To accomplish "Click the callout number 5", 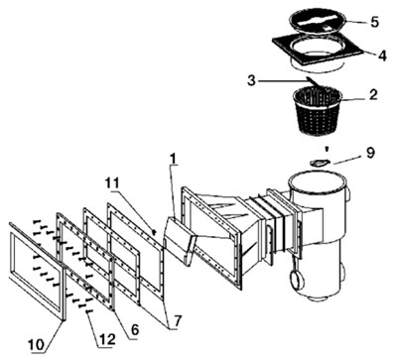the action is (x=374, y=22).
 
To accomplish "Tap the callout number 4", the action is (x=382, y=56).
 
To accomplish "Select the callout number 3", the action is (x=252, y=80).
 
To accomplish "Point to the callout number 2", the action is (x=373, y=95).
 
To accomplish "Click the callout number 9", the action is (x=369, y=153).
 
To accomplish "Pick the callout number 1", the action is (x=174, y=161).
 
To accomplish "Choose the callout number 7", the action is (x=178, y=321).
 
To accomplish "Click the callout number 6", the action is (x=134, y=329).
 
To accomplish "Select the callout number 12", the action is (x=106, y=339).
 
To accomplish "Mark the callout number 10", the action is (x=37, y=345).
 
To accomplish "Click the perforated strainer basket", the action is (x=318, y=111).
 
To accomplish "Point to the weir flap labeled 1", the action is (x=181, y=241).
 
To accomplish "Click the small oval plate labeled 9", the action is (x=320, y=163).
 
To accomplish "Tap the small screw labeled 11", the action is (x=154, y=232).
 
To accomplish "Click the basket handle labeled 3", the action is (x=316, y=83).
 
